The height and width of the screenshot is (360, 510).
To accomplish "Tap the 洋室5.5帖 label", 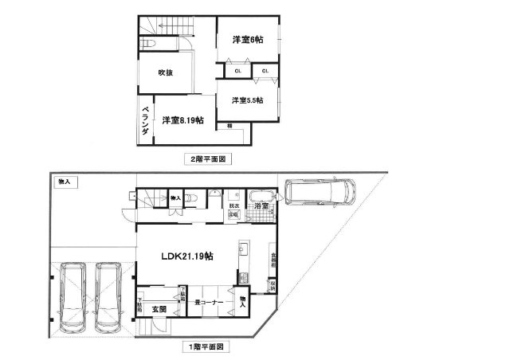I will (248, 100).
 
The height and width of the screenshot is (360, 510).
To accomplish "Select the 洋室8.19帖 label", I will (182, 121).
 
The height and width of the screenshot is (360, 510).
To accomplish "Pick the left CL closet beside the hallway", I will (237, 72).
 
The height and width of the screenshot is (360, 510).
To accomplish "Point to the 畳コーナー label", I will (209, 302).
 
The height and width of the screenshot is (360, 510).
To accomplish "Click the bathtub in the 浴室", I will (261, 197).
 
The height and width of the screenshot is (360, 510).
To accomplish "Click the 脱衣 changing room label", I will (234, 205).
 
